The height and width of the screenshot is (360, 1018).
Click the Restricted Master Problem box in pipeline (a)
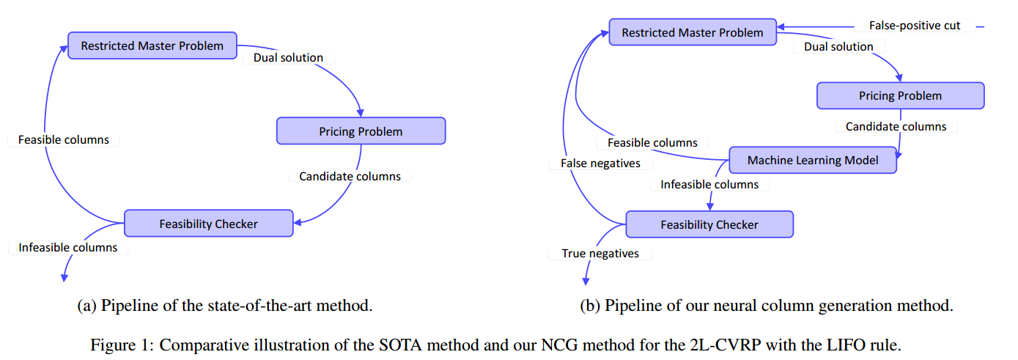(152, 45)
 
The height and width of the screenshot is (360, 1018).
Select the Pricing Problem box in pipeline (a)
(361, 131)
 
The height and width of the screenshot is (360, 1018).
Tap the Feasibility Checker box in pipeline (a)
(208, 224)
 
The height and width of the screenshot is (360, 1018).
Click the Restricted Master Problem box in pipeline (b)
(692, 32)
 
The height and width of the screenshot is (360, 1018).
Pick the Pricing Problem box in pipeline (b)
(900, 95)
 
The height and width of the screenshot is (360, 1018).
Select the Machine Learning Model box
(812, 160)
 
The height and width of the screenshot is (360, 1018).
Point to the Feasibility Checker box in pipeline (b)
(709, 224)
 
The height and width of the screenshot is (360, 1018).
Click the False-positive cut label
(914, 26)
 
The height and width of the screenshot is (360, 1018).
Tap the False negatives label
(600, 164)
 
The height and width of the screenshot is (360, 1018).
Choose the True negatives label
(600, 254)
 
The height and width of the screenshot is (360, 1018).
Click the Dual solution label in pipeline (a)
(288, 57)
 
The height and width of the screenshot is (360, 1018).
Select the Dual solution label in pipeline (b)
(838, 47)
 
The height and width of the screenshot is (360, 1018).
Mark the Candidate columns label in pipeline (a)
(350, 176)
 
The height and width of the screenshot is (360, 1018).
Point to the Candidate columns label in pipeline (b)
(896, 127)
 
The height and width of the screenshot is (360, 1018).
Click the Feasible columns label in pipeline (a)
(63, 139)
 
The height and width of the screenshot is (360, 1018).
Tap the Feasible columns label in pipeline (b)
(652, 143)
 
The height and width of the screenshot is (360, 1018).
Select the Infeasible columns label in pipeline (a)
(67, 248)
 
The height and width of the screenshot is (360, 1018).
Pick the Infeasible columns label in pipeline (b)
(709, 185)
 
